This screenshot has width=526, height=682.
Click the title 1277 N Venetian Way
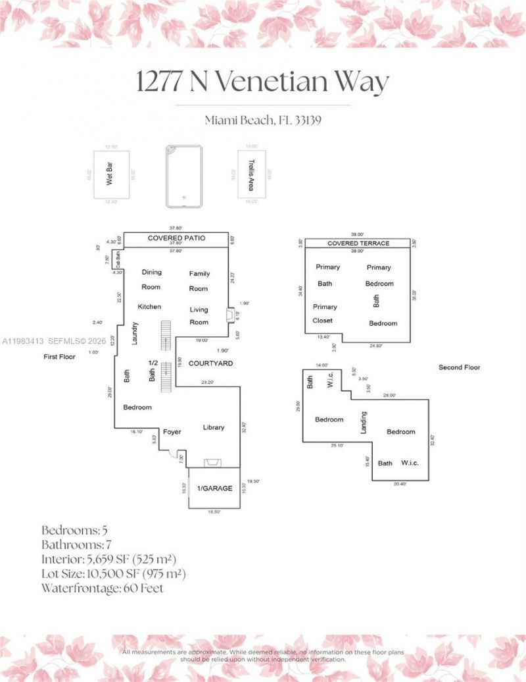[262, 82]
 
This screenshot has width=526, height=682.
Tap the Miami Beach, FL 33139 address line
[262, 120]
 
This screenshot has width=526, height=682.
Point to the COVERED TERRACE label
[358, 244]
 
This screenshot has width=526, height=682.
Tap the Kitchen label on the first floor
[149, 307]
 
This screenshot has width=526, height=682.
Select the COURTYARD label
[210, 363]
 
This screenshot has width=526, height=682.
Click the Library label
[214, 427]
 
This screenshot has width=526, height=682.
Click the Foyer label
[172, 432]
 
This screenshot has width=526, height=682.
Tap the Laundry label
[135, 332]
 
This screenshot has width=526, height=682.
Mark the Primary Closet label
[323, 313]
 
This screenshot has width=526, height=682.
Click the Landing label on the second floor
[364, 423]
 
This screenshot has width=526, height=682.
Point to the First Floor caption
[60, 357]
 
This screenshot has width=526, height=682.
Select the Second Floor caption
[459, 367]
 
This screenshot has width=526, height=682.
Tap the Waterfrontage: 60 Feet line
[102, 589]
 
